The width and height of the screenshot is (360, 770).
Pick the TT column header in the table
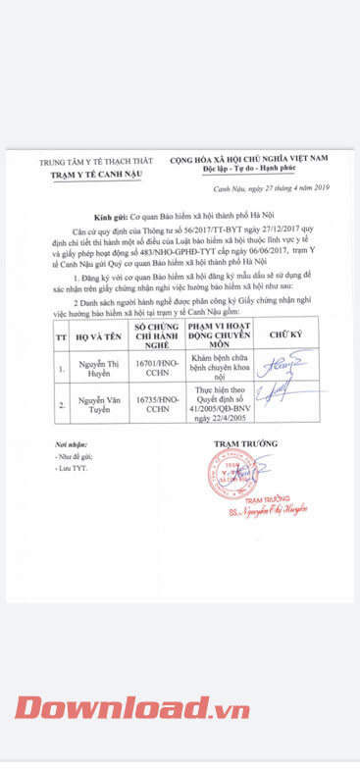point(60,334)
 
